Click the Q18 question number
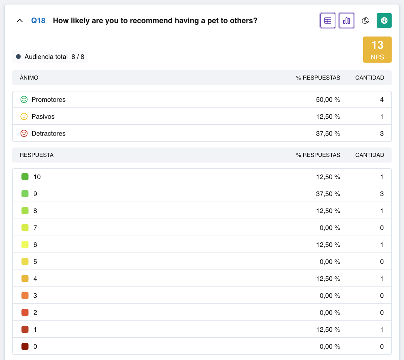[x=38, y=21]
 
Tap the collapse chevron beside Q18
[x=20, y=21]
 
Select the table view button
[x=328, y=21]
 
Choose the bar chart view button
[x=346, y=21]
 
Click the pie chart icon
[x=365, y=21]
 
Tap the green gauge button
[x=384, y=21]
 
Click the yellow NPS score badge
[x=377, y=50]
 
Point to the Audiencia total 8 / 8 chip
[x=50, y=57]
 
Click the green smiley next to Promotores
[x=24, y=99]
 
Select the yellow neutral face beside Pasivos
[x=24, y=116]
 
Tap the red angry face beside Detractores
[x=24, y=133]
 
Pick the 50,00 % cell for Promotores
[x=328, y=100]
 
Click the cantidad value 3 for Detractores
[x=382, y=133]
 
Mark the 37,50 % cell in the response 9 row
[x=328, y=194]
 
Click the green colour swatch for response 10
[x=25, y=177]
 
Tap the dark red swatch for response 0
[x=25, y=347]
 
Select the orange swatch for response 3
[x=25, y=296]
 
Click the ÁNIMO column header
[x=29, y=78]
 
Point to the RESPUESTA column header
[x=36, y=155]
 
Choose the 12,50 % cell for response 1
[x=328, y=330]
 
